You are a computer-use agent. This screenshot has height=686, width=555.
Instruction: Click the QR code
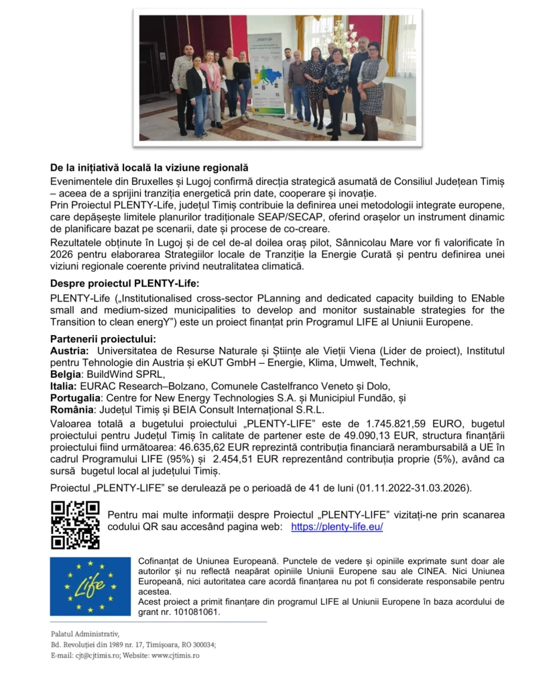(x=75, y=525)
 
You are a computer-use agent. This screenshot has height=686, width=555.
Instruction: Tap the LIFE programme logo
(x=90, y=586)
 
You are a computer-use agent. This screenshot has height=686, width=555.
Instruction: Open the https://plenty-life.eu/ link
(x=336, y=527)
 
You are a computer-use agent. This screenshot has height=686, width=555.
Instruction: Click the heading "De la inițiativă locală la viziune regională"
(x=149, y=167)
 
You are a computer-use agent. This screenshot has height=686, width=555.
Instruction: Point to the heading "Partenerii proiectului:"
(x=103, y=339)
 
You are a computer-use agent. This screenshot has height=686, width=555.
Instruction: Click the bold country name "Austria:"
(x=70, y=351)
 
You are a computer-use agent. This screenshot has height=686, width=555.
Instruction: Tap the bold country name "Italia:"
(x=64, y=386)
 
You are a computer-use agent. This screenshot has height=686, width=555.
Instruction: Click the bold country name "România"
(x=72, y=409)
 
